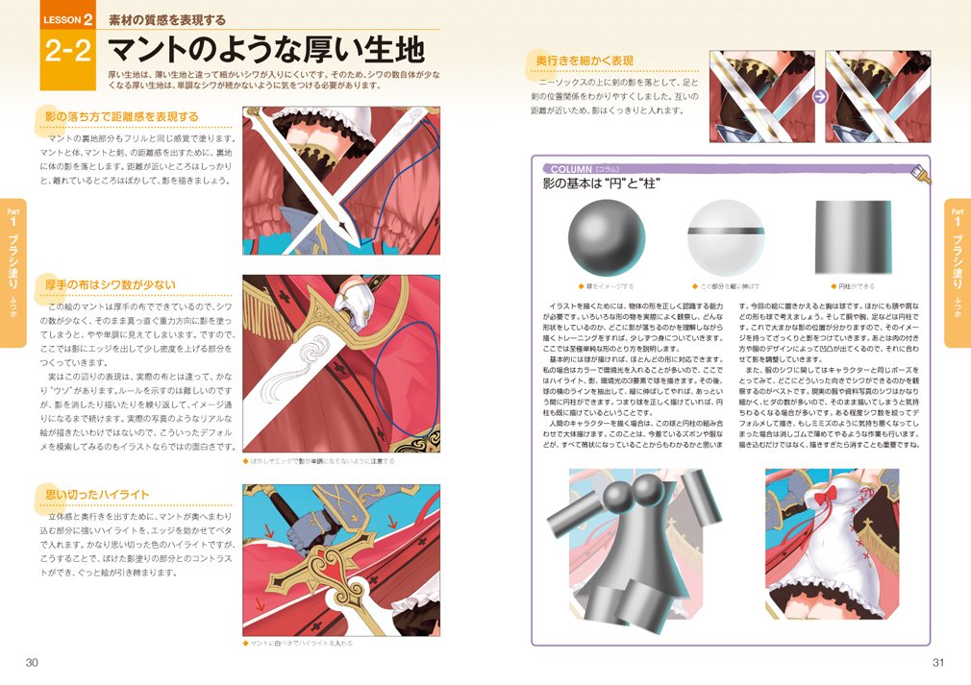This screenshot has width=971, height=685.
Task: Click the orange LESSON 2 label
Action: (67, 18)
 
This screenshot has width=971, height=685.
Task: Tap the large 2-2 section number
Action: (67, 52)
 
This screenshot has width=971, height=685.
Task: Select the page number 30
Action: (31, 662)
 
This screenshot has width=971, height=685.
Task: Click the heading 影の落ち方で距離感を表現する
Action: (122, 117)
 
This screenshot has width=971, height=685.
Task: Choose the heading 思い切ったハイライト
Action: (98, 494)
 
